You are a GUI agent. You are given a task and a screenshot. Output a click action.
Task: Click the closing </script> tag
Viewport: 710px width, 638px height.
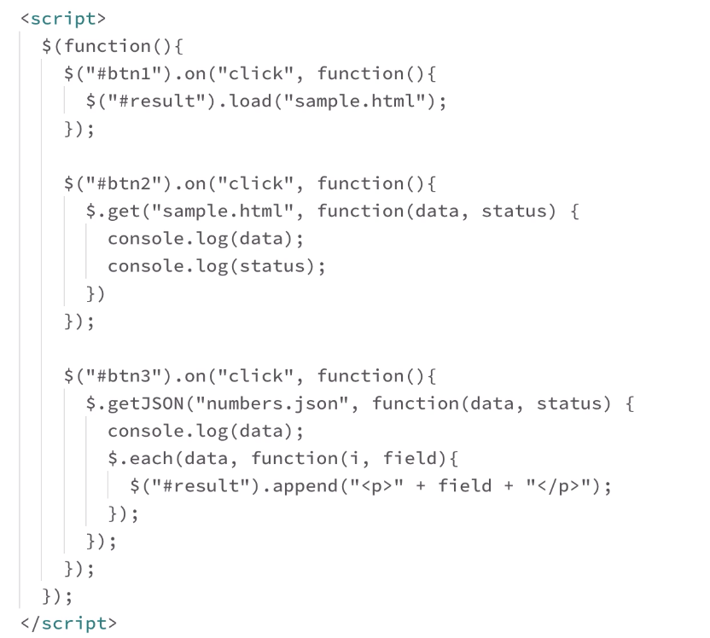(x=67, y=623)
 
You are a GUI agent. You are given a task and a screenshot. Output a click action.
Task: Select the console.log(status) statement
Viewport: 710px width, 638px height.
(x=217, y=265)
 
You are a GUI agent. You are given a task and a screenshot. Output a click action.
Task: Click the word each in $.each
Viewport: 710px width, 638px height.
(x=148, y=459)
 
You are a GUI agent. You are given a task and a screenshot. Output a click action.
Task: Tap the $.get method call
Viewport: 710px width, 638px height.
(x=108, y=211)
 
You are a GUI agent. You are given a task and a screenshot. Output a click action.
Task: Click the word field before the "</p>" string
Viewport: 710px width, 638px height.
(x=465, y=486)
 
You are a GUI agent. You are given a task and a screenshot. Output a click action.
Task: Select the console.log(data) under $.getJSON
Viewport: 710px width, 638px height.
(x=206, y=431)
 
